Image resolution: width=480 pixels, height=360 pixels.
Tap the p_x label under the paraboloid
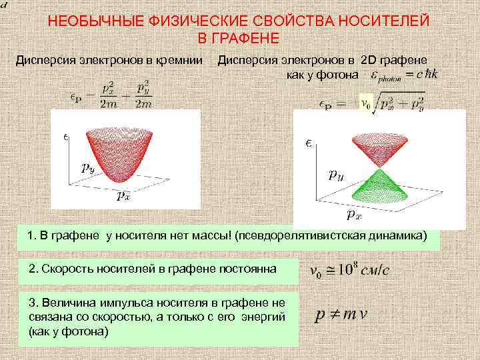[124, 196]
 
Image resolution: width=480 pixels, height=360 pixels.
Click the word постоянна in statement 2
[251, 269]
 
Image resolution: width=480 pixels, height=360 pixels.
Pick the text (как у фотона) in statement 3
[68, 331]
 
